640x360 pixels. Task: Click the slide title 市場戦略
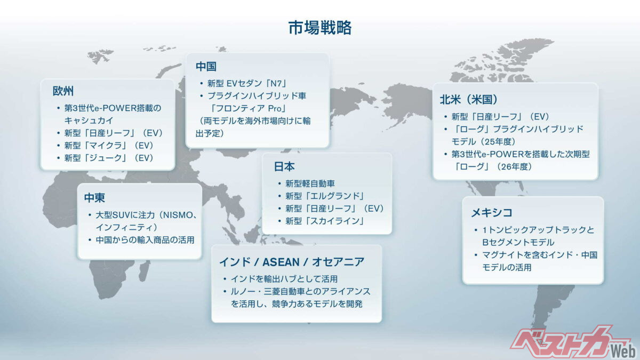320,28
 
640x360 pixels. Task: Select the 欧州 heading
63,91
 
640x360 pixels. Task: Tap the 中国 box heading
206,66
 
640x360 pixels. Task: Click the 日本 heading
284,166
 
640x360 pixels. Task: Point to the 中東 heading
94,197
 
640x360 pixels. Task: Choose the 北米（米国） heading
469,99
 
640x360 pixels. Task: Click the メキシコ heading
491,213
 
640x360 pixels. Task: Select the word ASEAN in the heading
281,262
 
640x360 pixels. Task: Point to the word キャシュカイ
89,121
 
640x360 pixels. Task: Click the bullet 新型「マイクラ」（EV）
109,146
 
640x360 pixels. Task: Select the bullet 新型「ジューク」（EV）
109,158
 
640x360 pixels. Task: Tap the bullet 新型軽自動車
310,183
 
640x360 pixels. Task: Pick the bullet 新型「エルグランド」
325,196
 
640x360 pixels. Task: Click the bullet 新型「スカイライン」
325,221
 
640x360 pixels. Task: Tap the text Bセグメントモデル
518,242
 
